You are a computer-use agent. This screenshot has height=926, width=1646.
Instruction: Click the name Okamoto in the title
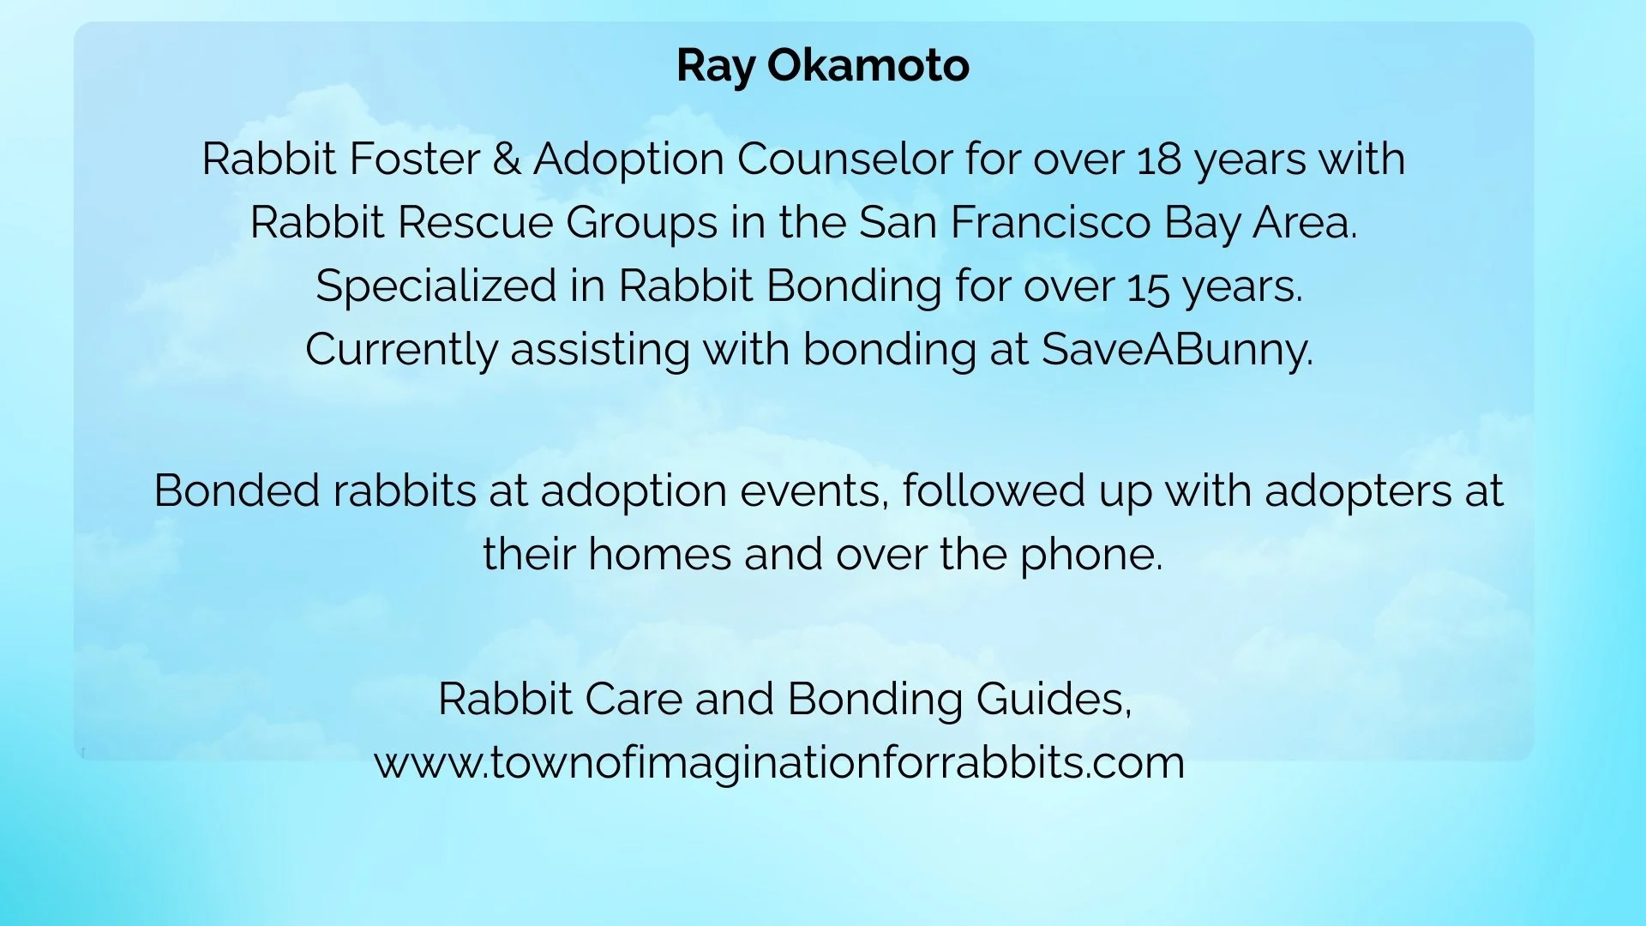868,66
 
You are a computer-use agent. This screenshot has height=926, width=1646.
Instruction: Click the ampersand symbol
507,159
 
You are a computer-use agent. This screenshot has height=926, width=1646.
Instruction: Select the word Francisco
1050,223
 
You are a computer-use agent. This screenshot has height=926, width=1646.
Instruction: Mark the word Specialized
436,287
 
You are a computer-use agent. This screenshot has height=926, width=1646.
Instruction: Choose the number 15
1148,287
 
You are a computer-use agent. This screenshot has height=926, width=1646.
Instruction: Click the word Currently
401,351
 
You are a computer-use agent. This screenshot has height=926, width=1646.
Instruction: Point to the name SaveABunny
1176,351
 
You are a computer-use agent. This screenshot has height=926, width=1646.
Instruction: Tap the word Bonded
237,491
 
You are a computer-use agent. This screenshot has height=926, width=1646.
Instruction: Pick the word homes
659,555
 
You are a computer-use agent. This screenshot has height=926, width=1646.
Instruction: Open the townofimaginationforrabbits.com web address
779,763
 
